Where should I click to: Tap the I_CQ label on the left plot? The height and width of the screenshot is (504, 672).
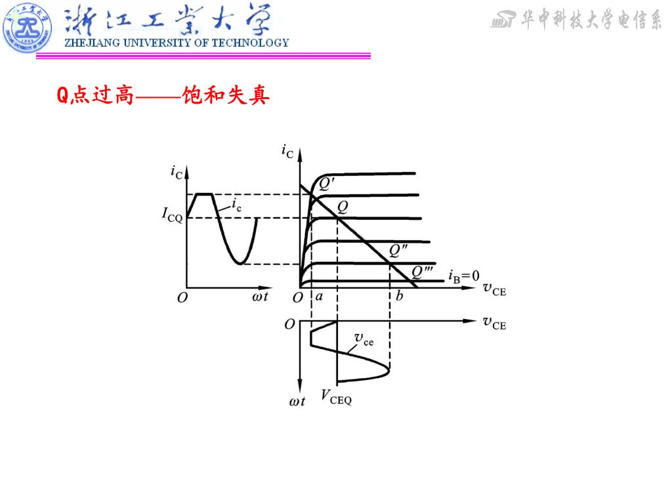pyautogui.click(x=173, y=215)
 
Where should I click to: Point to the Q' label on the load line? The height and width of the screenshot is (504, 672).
pyautogui.click(x=327, y=185)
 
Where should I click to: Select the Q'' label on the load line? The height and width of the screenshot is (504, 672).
pyautogui.click(x=398, y=250)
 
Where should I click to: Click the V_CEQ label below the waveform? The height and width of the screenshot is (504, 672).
pyautogui.click(x=336, y=396)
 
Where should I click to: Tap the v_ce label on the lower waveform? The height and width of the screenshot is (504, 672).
pyautogui.click(x=364, y=339)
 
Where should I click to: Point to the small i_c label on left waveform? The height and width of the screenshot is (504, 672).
pyautogui.click(x=237, y=205)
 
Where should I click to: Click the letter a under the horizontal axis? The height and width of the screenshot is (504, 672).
pyautogui.click(x=319, y=297)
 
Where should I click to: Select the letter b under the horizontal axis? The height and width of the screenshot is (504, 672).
pyautogui.click(x=399, y=297)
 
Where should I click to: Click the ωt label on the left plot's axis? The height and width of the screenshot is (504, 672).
pyautogui.click(x=260, y=297)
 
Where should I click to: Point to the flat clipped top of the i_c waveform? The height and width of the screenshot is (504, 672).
pyautogui.click(x=205, y=194)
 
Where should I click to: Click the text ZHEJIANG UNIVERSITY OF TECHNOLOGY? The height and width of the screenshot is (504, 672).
pyautogui.click(x=176, y=43)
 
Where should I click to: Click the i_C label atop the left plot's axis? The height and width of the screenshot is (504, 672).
pyautogui.click(x=177, y=173)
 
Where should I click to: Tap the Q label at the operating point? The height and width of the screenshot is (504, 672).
pyautogui.click(x=343, y=207)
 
